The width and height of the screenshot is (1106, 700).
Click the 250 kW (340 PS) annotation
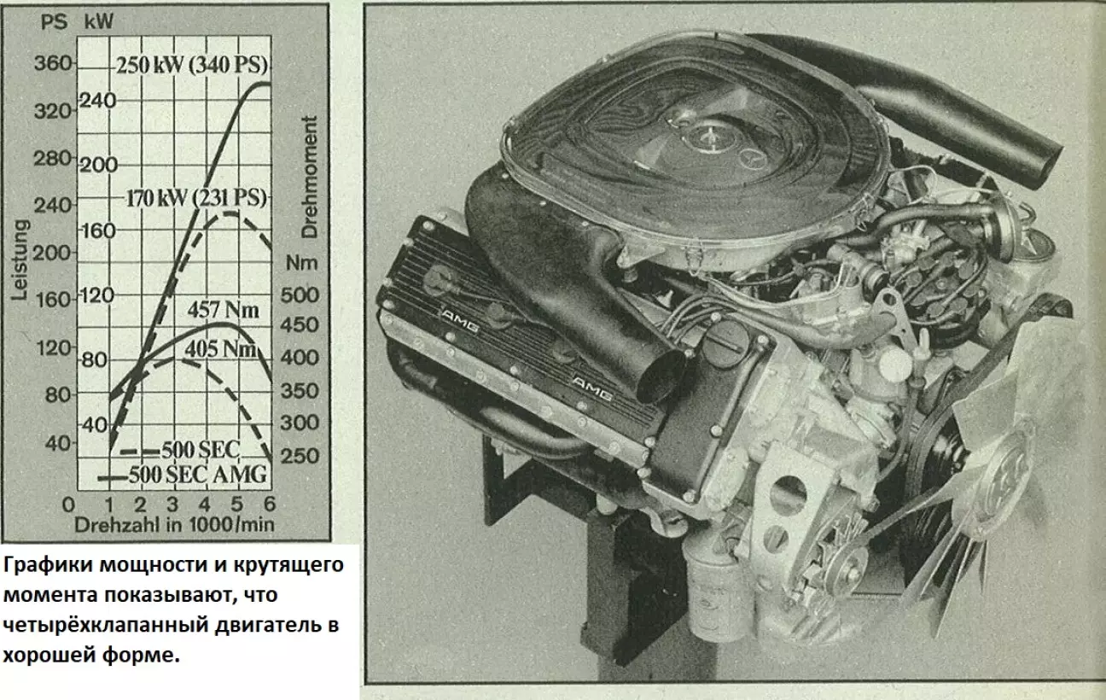point(192,65)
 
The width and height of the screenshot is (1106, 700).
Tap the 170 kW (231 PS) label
point(196,199)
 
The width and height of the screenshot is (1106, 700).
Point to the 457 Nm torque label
point(224,310)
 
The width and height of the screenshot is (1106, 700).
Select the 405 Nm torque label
point(221,349)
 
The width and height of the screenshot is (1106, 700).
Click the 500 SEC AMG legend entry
point(197,475)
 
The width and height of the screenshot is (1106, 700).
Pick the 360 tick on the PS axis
point(53,63)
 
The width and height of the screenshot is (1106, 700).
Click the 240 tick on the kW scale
point(98,101)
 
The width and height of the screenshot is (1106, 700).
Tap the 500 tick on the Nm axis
point(300,295)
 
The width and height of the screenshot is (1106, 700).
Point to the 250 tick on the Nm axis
point(300,456)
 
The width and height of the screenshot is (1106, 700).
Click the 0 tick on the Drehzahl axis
point(68,505)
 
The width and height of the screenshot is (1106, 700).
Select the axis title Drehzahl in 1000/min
point(174,525)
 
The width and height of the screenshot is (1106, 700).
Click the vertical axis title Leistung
point(20,260)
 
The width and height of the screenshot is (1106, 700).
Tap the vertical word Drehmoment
point(310,178)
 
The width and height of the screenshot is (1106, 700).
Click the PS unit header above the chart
point(54,22)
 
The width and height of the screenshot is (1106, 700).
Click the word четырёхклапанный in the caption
point(106,626)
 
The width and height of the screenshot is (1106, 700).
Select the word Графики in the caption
point(49,565)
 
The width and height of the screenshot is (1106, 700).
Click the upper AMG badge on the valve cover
point(460,321)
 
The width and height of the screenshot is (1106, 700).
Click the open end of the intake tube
point(661,376)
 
